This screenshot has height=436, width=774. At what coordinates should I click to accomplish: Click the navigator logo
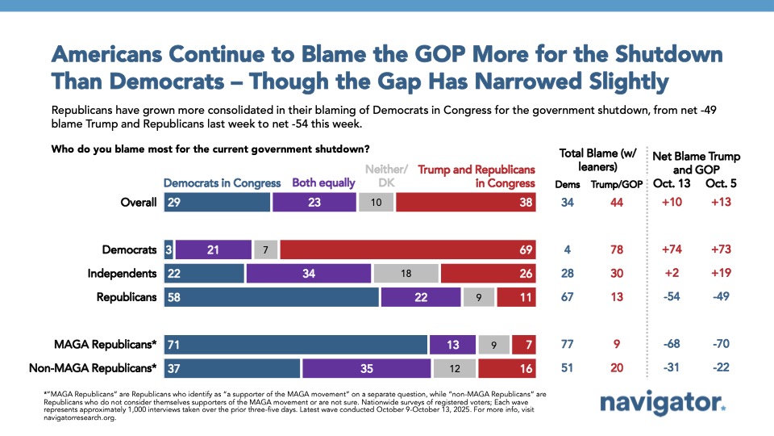662,403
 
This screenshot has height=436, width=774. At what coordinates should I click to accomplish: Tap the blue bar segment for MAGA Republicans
295,344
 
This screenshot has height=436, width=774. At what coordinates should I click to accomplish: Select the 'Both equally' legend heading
323,182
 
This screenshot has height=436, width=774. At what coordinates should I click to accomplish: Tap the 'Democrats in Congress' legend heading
223,182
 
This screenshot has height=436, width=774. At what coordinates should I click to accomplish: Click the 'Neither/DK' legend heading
387,175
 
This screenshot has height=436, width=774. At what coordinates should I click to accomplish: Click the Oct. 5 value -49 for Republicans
718,296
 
